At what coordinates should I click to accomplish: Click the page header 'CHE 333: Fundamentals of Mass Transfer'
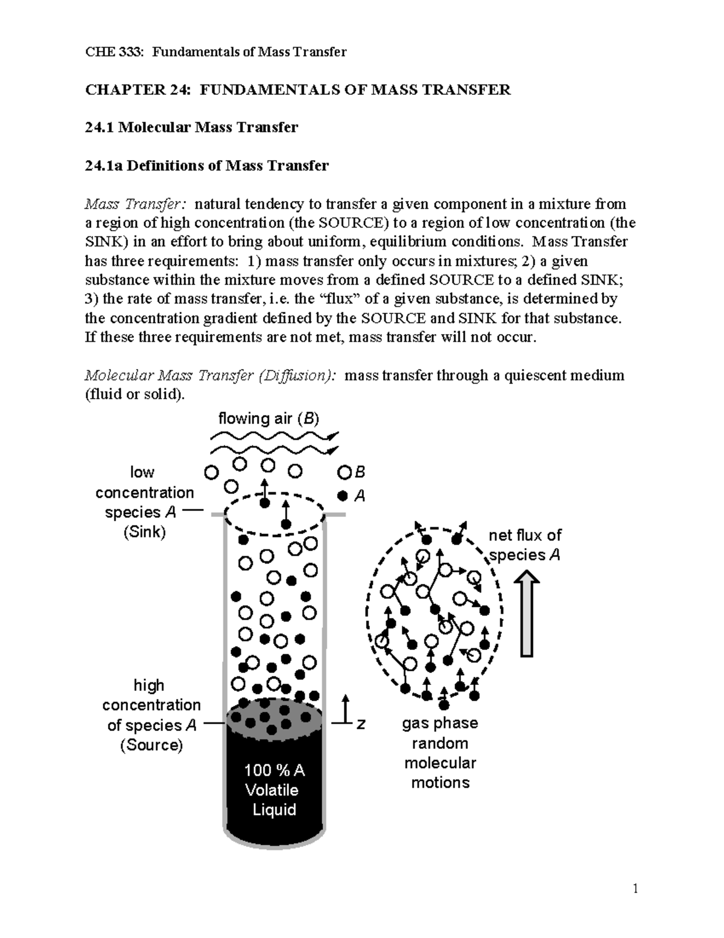(x=216, y=52)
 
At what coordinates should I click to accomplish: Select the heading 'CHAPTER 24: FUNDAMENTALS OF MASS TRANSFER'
(x=298, y=90)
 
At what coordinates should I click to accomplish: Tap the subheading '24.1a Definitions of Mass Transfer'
(x=207, y=165)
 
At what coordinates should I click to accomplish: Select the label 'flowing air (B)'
(x=268, y=418)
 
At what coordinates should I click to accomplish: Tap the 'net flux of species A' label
(x=525, y=545)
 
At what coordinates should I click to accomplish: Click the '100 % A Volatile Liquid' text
(x=275, y=790)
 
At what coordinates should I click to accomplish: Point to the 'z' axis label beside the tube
(x=361, y=724)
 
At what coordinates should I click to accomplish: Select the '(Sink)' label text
(x=144, y=532)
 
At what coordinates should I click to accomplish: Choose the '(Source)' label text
(x=151, y=745)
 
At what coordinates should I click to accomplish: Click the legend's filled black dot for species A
(x=343, y=496)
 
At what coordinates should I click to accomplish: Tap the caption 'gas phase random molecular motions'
(x=440, y=753)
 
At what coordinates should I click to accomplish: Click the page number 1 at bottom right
(x=635, y=888)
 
